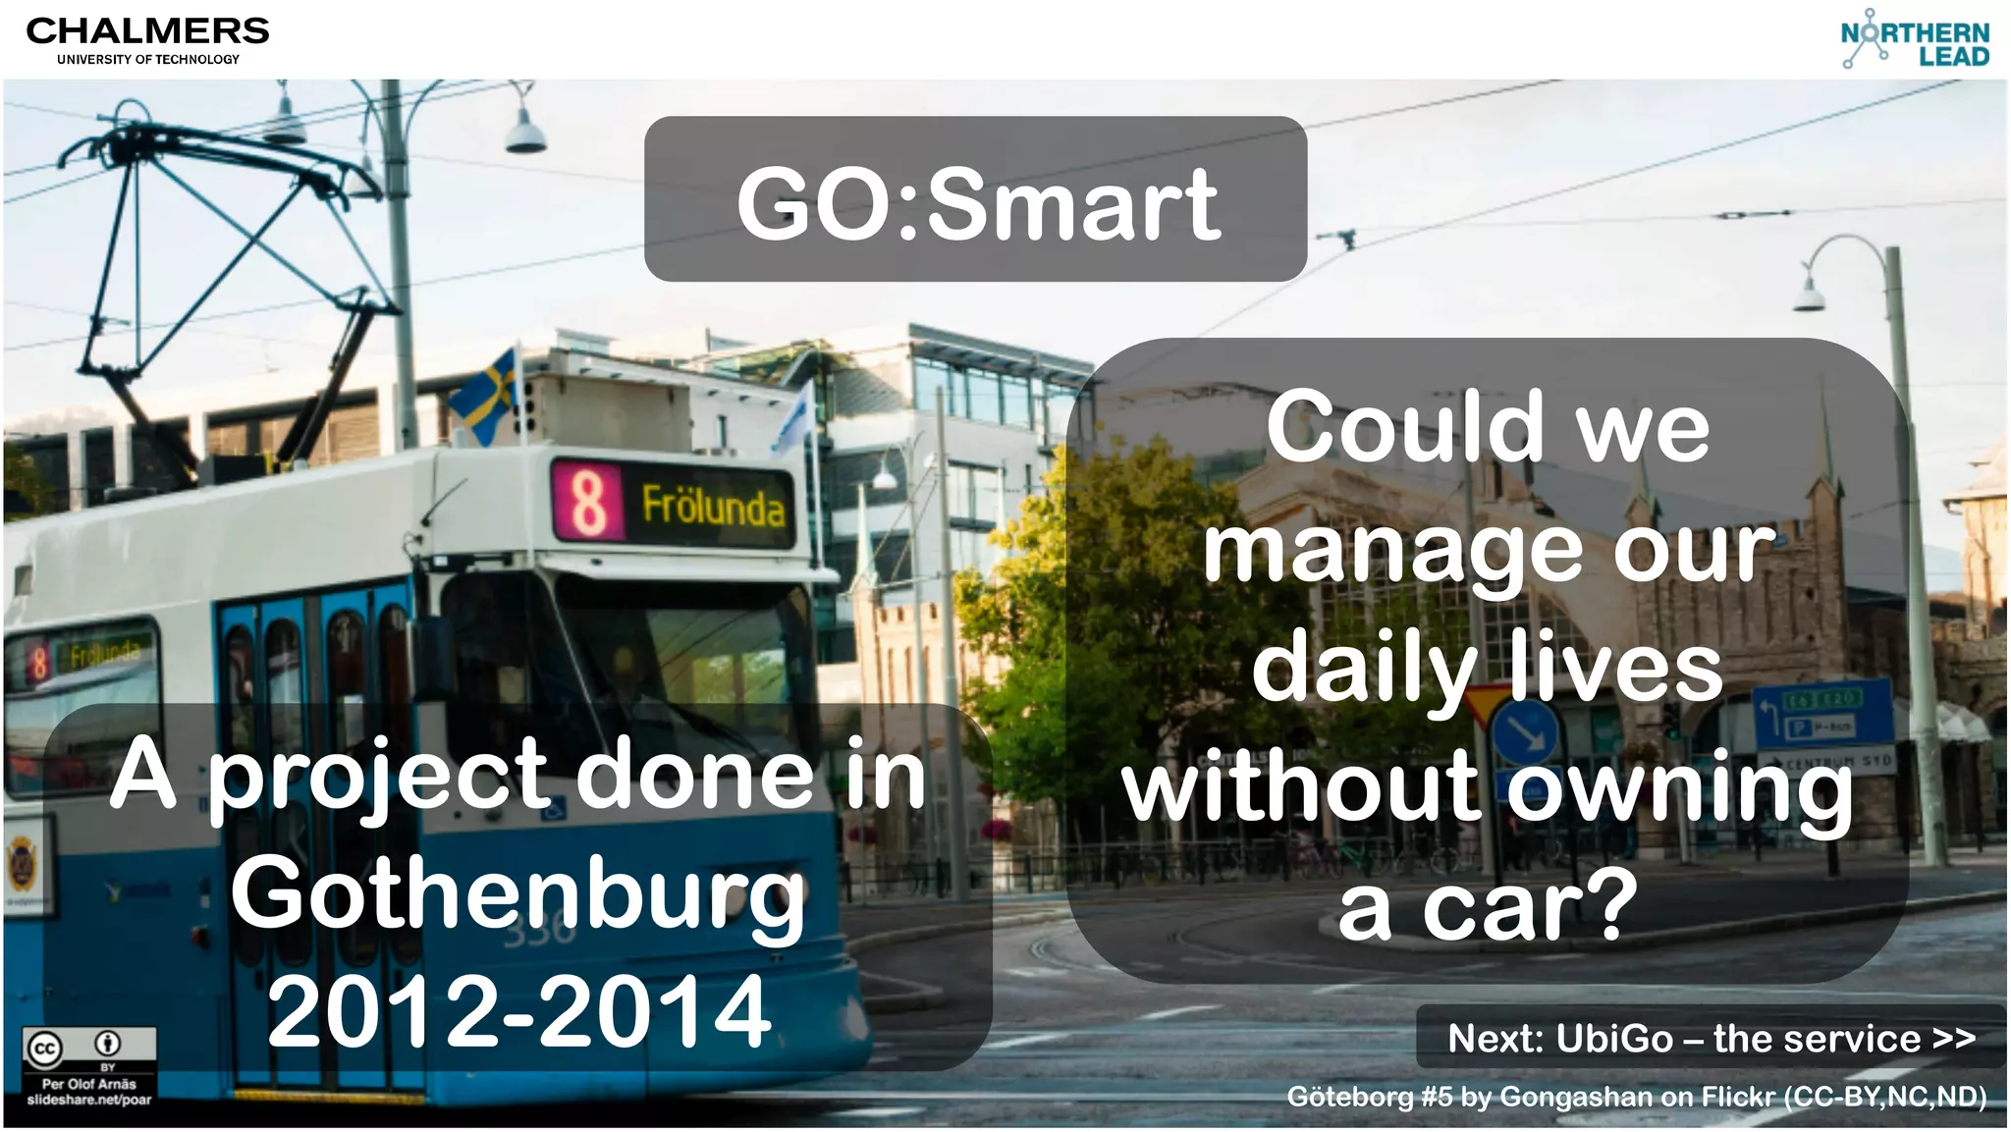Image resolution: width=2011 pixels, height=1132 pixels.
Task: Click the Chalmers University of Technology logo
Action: coord(147,40)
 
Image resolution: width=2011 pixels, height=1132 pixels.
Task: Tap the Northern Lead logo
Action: coord(1914,40)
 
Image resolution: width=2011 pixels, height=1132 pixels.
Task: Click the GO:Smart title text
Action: coord(977,204)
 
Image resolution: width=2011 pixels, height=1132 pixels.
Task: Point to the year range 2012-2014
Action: coord(518,1011)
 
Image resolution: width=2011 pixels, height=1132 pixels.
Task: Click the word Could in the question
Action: coord(1405,427)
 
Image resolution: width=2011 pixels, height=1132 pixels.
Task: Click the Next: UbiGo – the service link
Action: coord(1710,1038)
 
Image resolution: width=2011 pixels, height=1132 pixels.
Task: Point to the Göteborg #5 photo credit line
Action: coord(1636,1096)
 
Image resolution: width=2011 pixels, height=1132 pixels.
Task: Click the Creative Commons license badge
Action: coord(88,1050)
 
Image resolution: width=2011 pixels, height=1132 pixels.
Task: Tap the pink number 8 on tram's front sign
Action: coord(588,501)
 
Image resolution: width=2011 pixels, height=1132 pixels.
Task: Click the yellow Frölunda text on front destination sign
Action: coord(713,506)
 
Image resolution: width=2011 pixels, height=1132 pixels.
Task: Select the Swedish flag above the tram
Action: coord(487,392)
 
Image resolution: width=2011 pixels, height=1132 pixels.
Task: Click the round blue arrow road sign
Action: coord(1524,730)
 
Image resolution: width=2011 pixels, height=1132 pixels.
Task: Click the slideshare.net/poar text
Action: coord(89,1100)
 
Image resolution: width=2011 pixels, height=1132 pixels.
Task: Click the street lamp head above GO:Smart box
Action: coord(526,135)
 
